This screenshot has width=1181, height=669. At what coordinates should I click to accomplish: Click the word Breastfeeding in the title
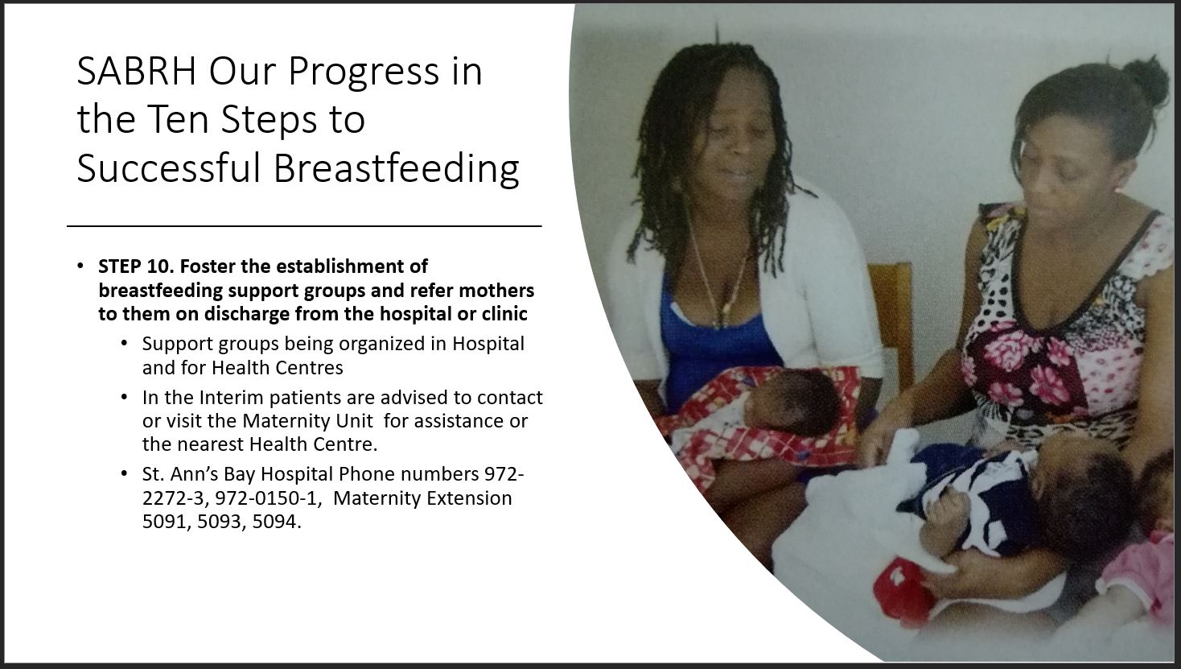pyautogui.click(x=396, y=170)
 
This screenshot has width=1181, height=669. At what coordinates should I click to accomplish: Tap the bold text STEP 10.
pyautogui.click(x=136, y=266)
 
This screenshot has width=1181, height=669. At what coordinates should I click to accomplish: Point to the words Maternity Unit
pyautogui.click(x=307, y=421)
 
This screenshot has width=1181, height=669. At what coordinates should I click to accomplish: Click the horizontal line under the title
pyautogui.click(x=304, y=226)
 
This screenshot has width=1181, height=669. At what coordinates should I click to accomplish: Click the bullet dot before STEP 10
pyautogui.click(x=80, y=266)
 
